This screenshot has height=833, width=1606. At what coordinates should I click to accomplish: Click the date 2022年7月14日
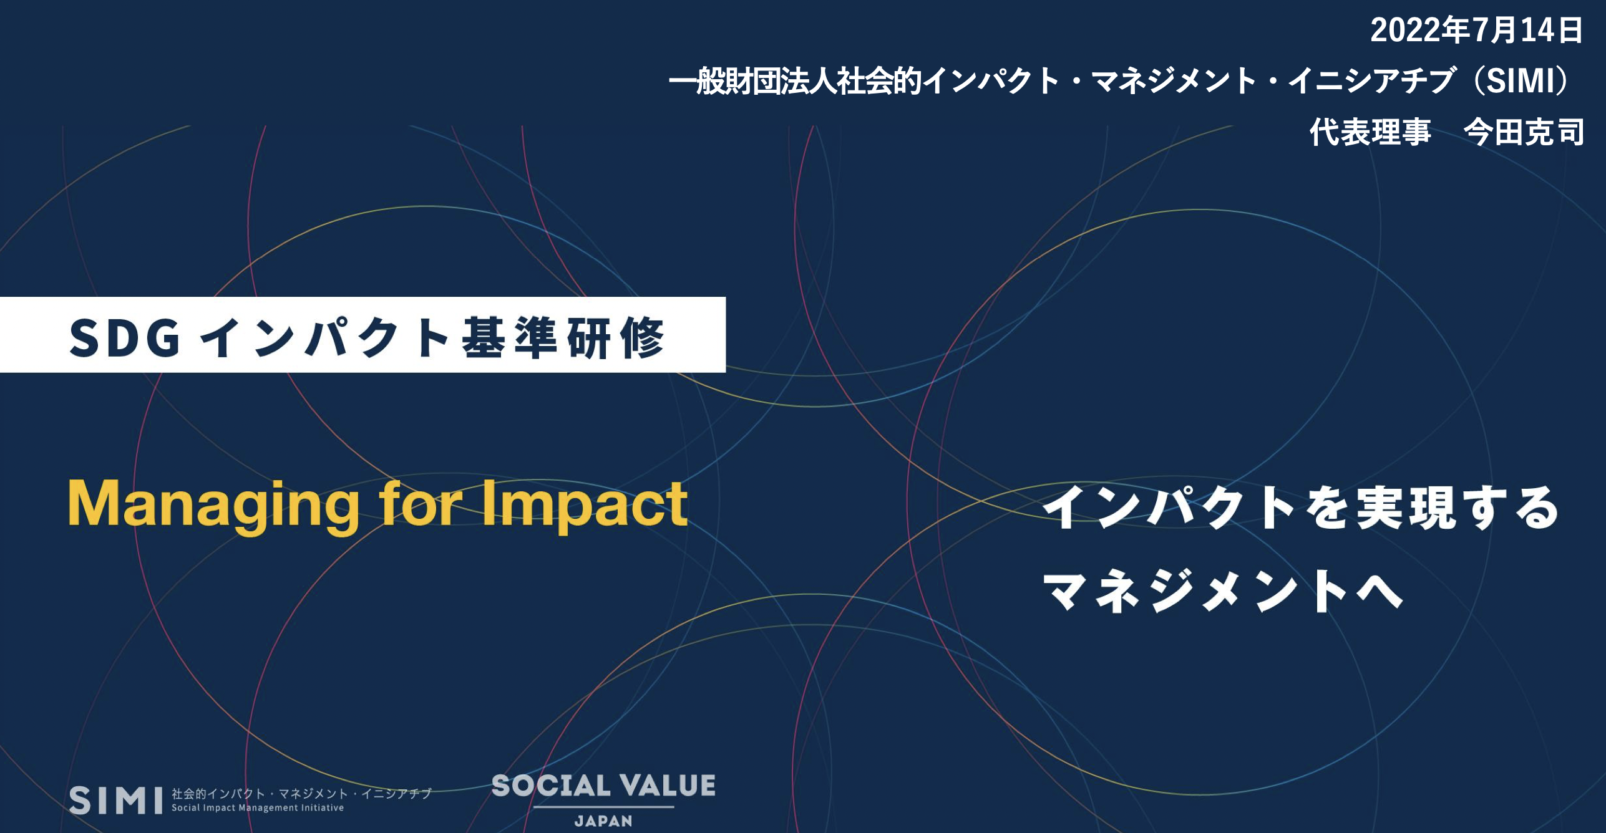click(x=1477, y=31)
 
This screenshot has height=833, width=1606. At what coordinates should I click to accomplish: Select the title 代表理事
click(x=1370, y=132)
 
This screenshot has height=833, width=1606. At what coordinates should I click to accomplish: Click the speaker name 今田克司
click(x=1524, y=132)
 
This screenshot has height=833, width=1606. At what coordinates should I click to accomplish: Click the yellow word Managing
click(x=213, y=505)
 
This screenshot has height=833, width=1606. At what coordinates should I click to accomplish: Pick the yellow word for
click(x=421, y=503)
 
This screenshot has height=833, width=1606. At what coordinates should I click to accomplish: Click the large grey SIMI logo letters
click(x=116, y=800)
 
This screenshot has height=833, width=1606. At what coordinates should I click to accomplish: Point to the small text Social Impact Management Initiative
click(x=258, y=808)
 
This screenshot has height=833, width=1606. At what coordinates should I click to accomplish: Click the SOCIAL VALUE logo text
click(x=603, y=786)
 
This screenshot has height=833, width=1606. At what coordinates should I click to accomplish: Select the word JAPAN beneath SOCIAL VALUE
click(x=603, y=821)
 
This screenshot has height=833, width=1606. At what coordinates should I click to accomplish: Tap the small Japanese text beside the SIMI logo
click(x=301, y=794)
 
